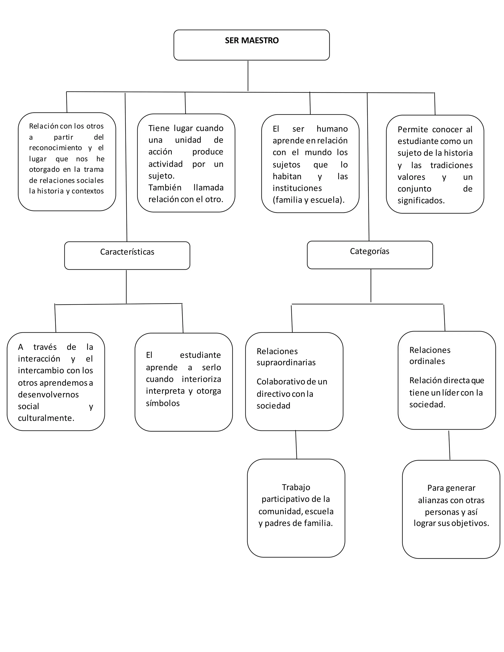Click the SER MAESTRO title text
pyautogui.click(x=252, y=40)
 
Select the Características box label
pyautogui.click(x=127, y=252)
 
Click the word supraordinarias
pyautogui.click(x=286, y=362)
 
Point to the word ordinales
pyautogui.click(x=427, y=361)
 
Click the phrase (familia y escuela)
pyautogui.click(x=308, y=200)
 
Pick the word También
pyautogui.click(x=165, y=187)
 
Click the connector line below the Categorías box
pyautogui.click(x=371, y=285)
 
